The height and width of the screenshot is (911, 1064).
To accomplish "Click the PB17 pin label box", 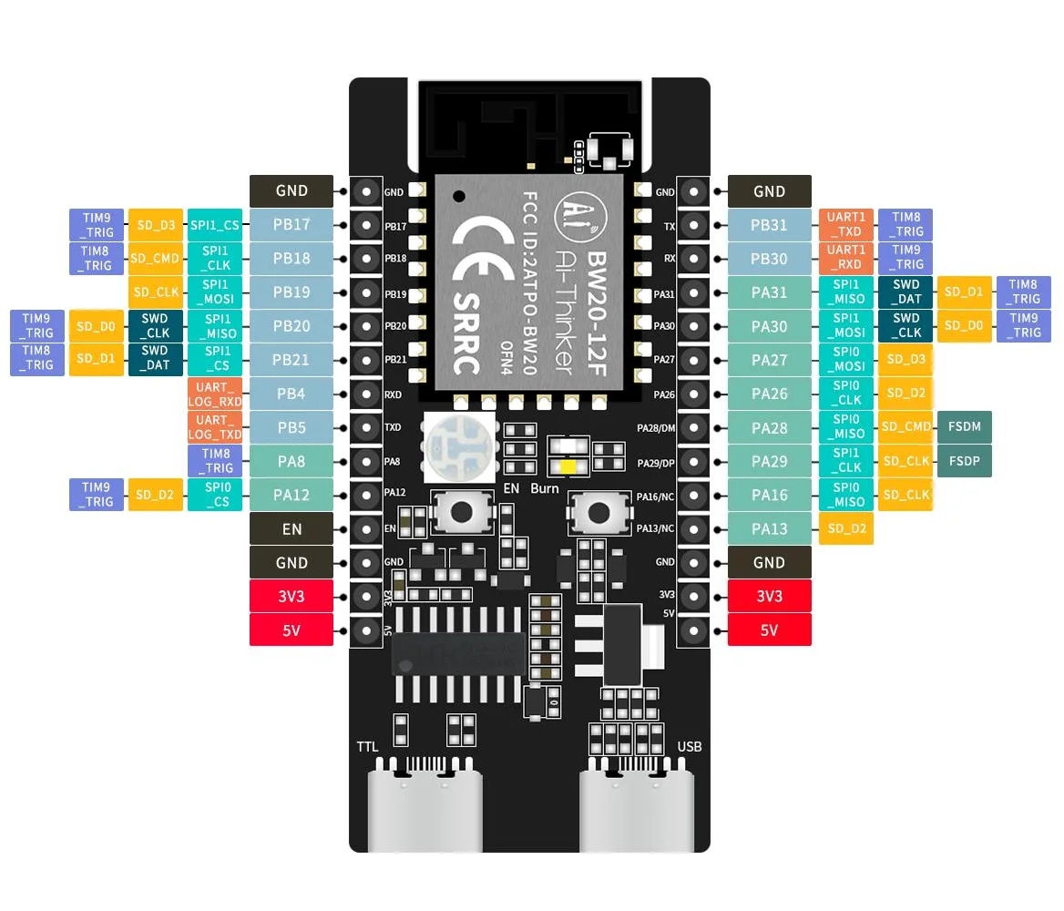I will (292, 224).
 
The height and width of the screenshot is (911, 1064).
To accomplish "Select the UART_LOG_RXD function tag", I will (215, 394).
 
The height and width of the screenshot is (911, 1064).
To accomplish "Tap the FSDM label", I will (964, 427).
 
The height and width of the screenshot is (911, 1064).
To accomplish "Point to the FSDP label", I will (964, 461).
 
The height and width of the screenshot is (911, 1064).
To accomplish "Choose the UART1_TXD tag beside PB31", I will (846, 224).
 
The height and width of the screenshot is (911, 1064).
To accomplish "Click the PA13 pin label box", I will (770, 528).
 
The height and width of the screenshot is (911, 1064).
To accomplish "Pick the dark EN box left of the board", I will (292, 528).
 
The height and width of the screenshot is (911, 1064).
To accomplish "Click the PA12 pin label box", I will (292, 495).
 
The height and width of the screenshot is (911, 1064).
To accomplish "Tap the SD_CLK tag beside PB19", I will (156, 292).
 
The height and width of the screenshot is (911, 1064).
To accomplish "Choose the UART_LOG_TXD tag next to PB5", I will (215, 427).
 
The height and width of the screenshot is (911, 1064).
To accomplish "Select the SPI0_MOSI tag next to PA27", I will (846, 360).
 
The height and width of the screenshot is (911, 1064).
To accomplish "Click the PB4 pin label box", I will (292, 394).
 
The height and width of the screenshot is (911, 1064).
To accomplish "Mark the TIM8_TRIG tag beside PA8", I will (215, 461).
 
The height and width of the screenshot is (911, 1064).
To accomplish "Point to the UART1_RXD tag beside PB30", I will (846, 258).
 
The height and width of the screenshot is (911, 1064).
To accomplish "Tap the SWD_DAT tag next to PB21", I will (156, 358).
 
